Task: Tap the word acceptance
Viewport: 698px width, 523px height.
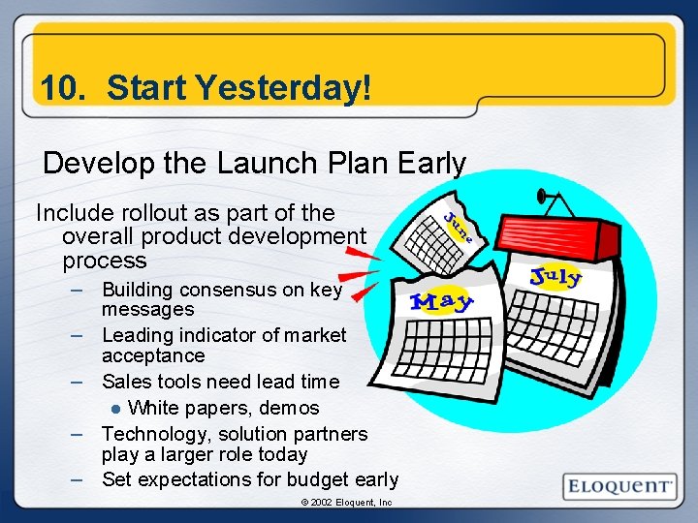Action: [153, 355]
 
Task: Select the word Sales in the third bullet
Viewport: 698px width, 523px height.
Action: [125, 382]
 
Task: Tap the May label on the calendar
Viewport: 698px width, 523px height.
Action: [442, 301]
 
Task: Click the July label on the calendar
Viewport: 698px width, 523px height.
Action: [556, 277]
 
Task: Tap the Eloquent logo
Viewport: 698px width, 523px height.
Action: [619, 486]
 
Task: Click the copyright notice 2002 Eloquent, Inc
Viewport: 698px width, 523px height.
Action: [345, 503]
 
